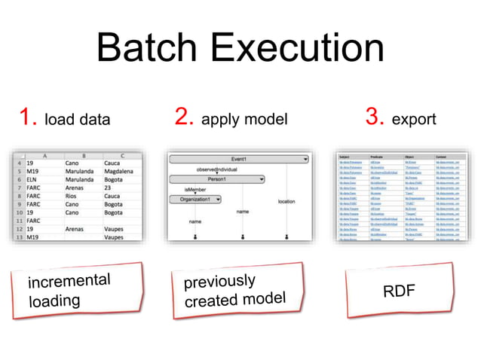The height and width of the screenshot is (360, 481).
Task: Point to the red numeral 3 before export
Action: [375, 117]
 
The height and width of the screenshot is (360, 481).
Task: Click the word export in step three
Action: [415, 119]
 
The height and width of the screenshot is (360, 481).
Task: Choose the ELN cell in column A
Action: [34, 181]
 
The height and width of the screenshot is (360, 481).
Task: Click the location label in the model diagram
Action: [286, 202]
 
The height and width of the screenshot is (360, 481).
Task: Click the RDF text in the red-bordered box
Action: [399, 291]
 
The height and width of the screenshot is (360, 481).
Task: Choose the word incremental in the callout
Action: [69, 282]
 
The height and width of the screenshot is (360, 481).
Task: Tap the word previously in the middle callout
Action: [219, 282]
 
